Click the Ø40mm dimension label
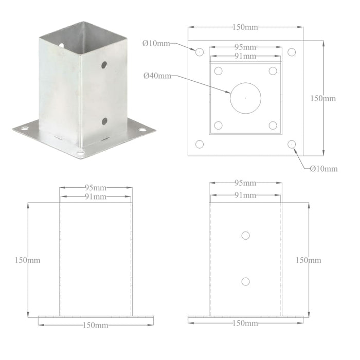pos(157,76)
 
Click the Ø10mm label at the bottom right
pos(323,168)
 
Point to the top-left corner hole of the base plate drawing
pos(200,51)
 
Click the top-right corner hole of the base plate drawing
pos(292,51)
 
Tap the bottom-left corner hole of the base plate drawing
pos(200,145)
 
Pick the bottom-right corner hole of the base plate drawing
pos(292,145)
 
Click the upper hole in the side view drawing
pos(245,235)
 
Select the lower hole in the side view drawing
pos(245,281)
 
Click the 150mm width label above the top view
pos(245,26)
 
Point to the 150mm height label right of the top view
pos(323,98)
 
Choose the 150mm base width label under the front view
pos(96,325)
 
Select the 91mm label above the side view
pos(245,195)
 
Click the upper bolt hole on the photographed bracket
pos(104,65)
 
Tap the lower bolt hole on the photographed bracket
pos(104,121)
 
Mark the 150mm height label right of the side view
pos(309,260)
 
